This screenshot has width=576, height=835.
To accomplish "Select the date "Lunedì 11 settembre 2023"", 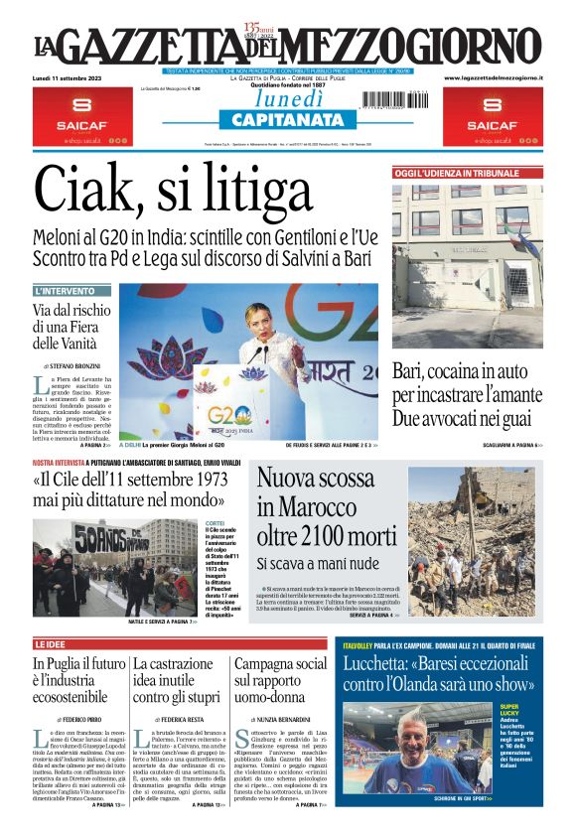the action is [70, 76].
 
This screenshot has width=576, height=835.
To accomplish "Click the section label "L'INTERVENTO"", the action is [66, 291].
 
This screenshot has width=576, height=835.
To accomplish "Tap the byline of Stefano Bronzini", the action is [76, 366].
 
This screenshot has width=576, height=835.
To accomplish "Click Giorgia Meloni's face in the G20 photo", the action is [260, 324].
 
